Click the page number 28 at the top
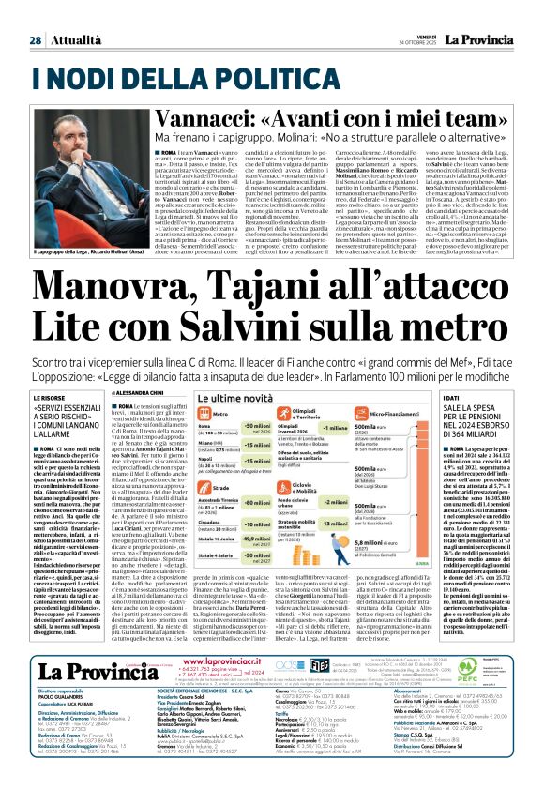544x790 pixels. point(35,40)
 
